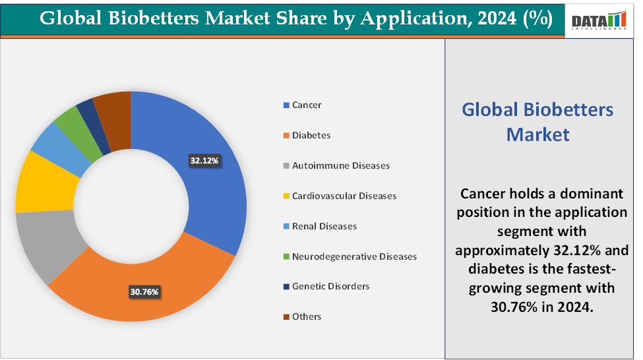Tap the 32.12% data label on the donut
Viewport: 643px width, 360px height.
(204, 160)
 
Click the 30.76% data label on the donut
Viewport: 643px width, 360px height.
(144, 291)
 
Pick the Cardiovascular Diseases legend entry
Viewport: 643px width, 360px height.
(344, 196)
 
